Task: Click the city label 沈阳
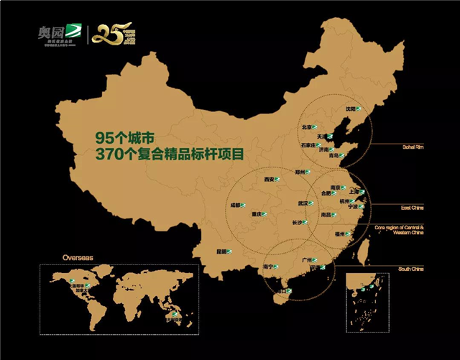350,109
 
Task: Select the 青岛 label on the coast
332,155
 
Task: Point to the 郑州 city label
300,172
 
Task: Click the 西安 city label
269,179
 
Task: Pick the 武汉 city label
303,203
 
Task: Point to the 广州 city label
308,259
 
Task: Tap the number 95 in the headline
106,137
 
